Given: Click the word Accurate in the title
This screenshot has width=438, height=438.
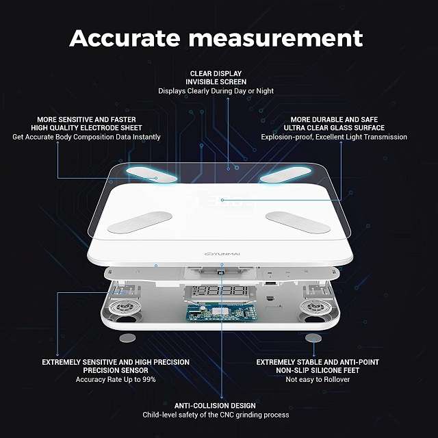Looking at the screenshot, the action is (125, 38).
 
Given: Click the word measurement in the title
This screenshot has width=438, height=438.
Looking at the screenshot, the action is (276, 38).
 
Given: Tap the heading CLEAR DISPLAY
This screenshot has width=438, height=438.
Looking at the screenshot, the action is (216, 73).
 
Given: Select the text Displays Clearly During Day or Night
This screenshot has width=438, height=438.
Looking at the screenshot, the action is (216, 91).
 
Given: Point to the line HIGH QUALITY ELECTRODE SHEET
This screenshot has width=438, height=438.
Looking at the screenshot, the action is (87, 128).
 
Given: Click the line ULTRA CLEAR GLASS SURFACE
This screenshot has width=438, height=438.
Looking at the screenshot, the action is (334, 128).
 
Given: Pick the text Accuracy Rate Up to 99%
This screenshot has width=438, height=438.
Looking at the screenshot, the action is (116, 379).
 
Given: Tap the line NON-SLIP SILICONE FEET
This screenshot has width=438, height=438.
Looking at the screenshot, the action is (318, 370).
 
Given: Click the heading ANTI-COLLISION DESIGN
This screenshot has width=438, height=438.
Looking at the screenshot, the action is (215, 406).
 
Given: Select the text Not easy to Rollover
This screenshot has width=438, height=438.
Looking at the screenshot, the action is (318, 379).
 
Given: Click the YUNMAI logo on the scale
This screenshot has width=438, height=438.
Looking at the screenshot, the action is (222, 254).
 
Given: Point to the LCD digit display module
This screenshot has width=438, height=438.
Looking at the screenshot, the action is (220, 292).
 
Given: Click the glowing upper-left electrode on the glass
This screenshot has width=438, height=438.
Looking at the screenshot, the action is (151, 175).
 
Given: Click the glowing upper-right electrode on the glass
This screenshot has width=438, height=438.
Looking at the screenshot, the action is (285, 175).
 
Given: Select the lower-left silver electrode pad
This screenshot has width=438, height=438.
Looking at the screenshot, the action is (140, 222).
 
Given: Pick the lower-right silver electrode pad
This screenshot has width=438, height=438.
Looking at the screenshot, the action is (298, 222).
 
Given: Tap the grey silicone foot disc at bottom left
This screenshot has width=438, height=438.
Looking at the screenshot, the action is (127, 338).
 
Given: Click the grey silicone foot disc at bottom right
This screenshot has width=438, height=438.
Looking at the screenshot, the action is (313, 338).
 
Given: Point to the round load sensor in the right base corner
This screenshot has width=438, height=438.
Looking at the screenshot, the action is (315, 307).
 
